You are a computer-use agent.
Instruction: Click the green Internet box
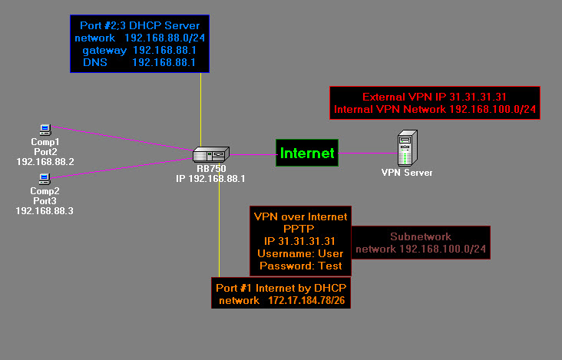[x=307, y=154]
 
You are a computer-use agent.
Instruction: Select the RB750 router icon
[x=210, y=154]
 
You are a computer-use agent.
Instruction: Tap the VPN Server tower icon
[x=406, y=147]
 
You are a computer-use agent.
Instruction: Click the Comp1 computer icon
[x=45, y=129]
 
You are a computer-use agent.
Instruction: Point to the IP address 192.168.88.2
[x=45, y=162]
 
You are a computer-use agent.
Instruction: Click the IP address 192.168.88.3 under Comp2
[x=45, y=210]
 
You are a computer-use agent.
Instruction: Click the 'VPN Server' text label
[x=407, y=173]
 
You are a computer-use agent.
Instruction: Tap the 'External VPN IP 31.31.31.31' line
[x=435, y=97]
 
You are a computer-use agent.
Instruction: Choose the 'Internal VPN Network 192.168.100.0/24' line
[x=435, y=111]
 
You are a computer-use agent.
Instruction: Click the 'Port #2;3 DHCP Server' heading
[x=140, y=25]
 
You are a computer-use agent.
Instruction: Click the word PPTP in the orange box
[x=300, y=229]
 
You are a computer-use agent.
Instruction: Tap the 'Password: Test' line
[x=300, y=266]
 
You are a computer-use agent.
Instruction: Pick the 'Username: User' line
[x=300, y=253]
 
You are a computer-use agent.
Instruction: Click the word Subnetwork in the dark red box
[x=421, y=236]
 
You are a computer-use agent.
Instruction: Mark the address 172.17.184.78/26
[x=309, y=300]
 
